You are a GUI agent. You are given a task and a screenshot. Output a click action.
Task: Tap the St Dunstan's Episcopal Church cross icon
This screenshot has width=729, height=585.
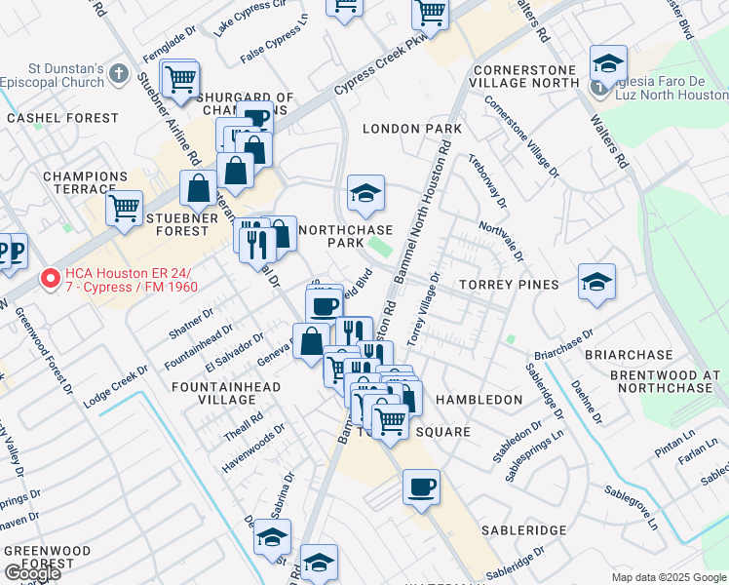point(118,73)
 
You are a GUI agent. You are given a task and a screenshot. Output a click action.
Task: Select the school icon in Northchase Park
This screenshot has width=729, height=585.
point(365,194)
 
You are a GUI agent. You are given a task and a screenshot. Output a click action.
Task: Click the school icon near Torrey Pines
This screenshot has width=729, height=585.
point(596,283)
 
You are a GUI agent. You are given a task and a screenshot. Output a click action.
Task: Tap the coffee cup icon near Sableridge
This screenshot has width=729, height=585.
point(421,487)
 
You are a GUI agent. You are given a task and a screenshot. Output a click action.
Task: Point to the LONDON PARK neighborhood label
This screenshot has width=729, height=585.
point(411,129)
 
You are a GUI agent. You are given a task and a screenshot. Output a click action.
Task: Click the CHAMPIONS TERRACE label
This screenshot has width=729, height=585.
point(85,183)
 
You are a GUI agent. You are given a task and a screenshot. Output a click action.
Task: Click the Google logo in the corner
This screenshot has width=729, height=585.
point(32,573)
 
